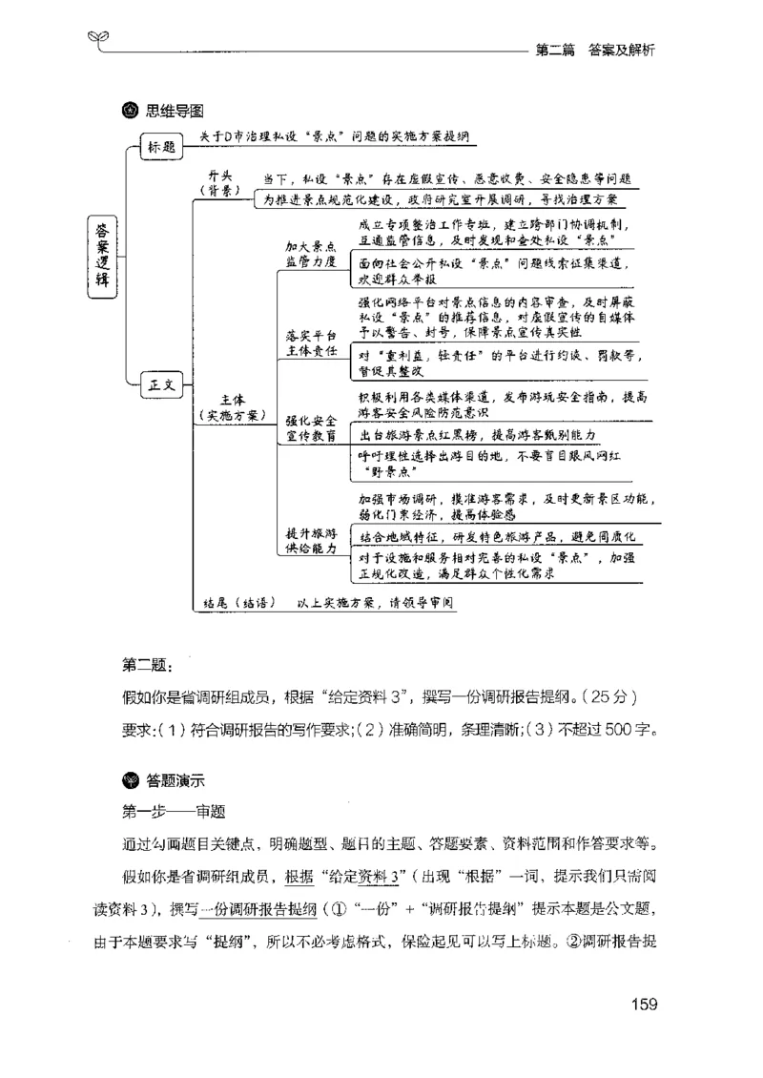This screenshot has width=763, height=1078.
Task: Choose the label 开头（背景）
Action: [x=225, y=182]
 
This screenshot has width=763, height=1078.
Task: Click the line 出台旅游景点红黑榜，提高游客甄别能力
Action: [x=477, y=434]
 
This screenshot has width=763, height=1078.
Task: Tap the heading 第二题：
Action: [x=147, y=664]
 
